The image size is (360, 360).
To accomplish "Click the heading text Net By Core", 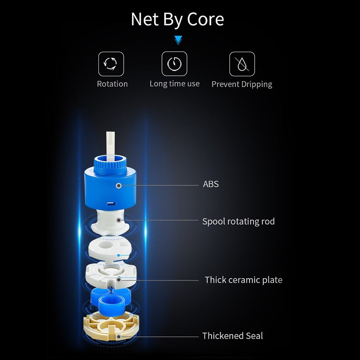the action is click(x=177, y=20).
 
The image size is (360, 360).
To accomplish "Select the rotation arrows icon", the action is click(x=111, y=64).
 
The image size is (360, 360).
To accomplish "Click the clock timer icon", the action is click(x=174, y=64).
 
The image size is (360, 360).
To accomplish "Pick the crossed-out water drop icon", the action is click(x=242, y=64).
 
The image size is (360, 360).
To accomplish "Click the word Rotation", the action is click(x=112, y=84).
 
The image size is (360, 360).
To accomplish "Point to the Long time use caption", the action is click(x=175, y=84).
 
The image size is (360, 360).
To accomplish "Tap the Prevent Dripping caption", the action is click(x=242, y=85).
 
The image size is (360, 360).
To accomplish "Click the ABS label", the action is click(x=211, y=184).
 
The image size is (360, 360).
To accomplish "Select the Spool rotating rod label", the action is click(x=238, y=221).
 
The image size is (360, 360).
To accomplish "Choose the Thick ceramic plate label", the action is click(x=243, y=280).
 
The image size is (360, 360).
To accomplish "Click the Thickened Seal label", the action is click(x=232, y=336).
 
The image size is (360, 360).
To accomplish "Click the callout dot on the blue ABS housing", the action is click(x=118, y=185).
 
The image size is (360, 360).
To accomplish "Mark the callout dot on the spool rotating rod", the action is click(x=118, y=220).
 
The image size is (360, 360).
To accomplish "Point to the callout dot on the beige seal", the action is click(x=118, y=337).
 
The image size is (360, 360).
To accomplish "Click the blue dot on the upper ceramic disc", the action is click(x=118, y=255).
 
